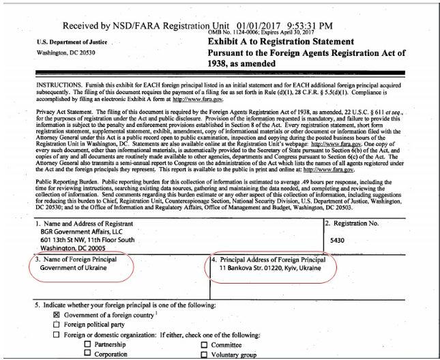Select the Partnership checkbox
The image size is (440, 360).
87,344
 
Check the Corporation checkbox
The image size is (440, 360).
87,355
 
